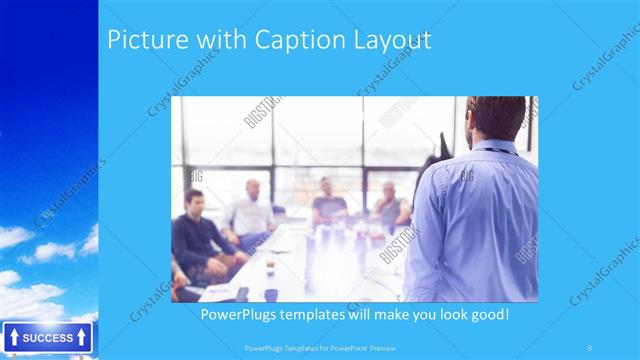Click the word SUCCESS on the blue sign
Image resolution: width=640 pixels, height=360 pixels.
click(47, 338)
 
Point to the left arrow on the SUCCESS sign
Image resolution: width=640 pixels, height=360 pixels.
click(13, 338)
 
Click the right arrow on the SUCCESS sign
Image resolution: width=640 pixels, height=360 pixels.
click(81, 338)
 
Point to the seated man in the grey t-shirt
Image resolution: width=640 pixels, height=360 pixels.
click(327, 203)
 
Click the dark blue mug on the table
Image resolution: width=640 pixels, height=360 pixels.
click(270, 294)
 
